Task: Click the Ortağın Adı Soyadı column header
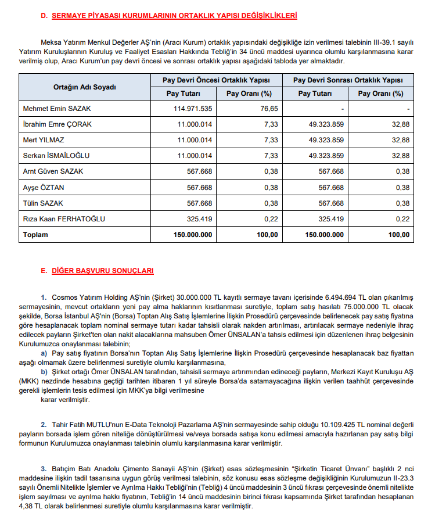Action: coord(85,87)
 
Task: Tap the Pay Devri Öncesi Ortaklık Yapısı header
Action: coord(215,80)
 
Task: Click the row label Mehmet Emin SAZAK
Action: coord(57,109)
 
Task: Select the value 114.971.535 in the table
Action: coord(193,109)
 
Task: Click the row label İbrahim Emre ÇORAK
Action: coord(57,124)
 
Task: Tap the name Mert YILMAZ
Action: coord(44,140)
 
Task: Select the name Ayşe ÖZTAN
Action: coord(43,188)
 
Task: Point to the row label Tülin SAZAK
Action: coord(44,203)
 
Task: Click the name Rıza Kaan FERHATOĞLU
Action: coord(64,219)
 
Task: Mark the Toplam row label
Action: coord(35,235)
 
